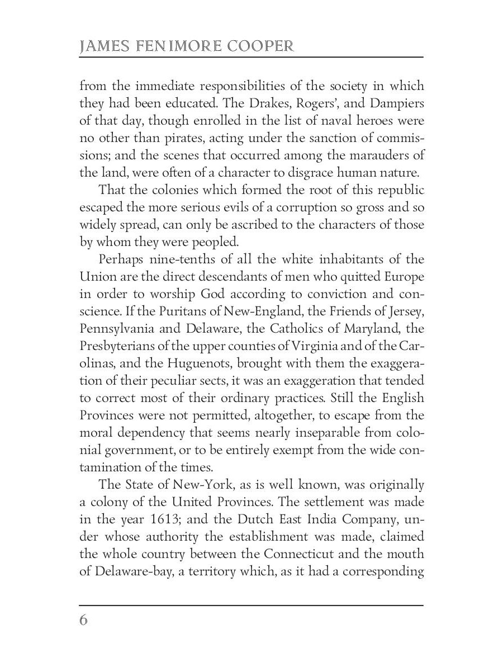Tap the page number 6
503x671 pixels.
coord(84,621)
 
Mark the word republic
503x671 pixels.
coord(397,190)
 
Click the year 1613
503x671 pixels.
coord(161,519)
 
